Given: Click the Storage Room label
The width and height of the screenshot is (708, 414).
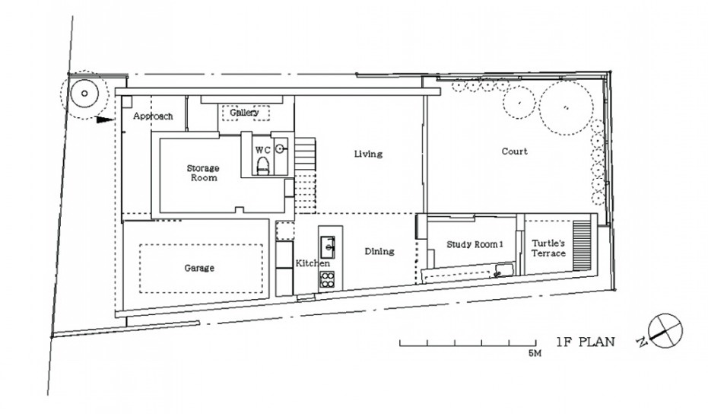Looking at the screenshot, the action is (x=203, y=173).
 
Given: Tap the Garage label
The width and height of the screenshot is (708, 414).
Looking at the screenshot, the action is (x=199, y=268).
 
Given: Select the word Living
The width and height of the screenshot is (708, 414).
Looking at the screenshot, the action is (x=368, y=154).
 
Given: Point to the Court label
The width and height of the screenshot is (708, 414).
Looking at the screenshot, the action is (x=514, y=151).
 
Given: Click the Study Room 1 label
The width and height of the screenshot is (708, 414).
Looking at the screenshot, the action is (x=475, y=244).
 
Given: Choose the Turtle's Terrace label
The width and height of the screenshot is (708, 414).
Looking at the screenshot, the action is (x=548, y=249).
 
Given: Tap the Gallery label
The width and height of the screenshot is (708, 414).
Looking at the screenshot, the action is (x=244, y=113).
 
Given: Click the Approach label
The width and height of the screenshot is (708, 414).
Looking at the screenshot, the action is (x=153, y=116).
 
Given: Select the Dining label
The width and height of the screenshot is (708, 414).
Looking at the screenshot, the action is (x=379, y=251).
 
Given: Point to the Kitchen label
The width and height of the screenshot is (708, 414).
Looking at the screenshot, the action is (x=313, y=263).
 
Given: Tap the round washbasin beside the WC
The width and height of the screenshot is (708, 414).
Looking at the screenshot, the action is (x=281, y=148).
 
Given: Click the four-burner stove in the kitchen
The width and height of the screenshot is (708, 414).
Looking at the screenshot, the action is (x=328, y=280).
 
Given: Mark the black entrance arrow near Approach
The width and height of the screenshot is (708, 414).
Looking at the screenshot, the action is (x=105, y=119).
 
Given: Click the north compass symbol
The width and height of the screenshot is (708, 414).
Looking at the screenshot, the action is (x=665, y=331).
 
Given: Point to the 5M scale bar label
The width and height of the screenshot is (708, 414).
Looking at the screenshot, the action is (x=535, y=353).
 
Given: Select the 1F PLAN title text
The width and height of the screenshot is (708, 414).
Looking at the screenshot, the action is (x=586, y=342).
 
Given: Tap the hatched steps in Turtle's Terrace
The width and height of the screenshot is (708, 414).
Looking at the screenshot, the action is (x=581, y=246).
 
